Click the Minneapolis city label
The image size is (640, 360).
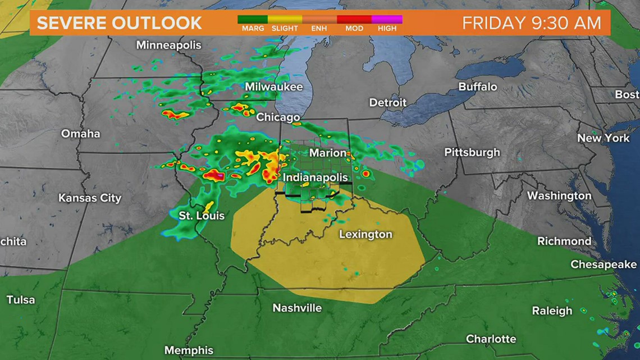[168, 45]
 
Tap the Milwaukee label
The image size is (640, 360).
[273, 87]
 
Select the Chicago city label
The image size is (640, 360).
[278, 117]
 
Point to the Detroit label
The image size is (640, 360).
[387, 103]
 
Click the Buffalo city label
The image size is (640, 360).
[478, 87]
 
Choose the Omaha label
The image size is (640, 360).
[80, 134]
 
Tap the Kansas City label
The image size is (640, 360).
[90, 198]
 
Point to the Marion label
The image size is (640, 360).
[328, 153]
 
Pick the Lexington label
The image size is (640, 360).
[365, 234]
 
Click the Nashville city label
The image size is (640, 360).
[297, 308]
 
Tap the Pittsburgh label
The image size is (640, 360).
[472, 152]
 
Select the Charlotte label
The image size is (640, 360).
[491, 339]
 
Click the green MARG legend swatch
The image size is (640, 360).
[254, 19]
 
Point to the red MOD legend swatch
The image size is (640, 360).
[354, 19]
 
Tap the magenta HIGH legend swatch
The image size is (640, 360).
[387, 19]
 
